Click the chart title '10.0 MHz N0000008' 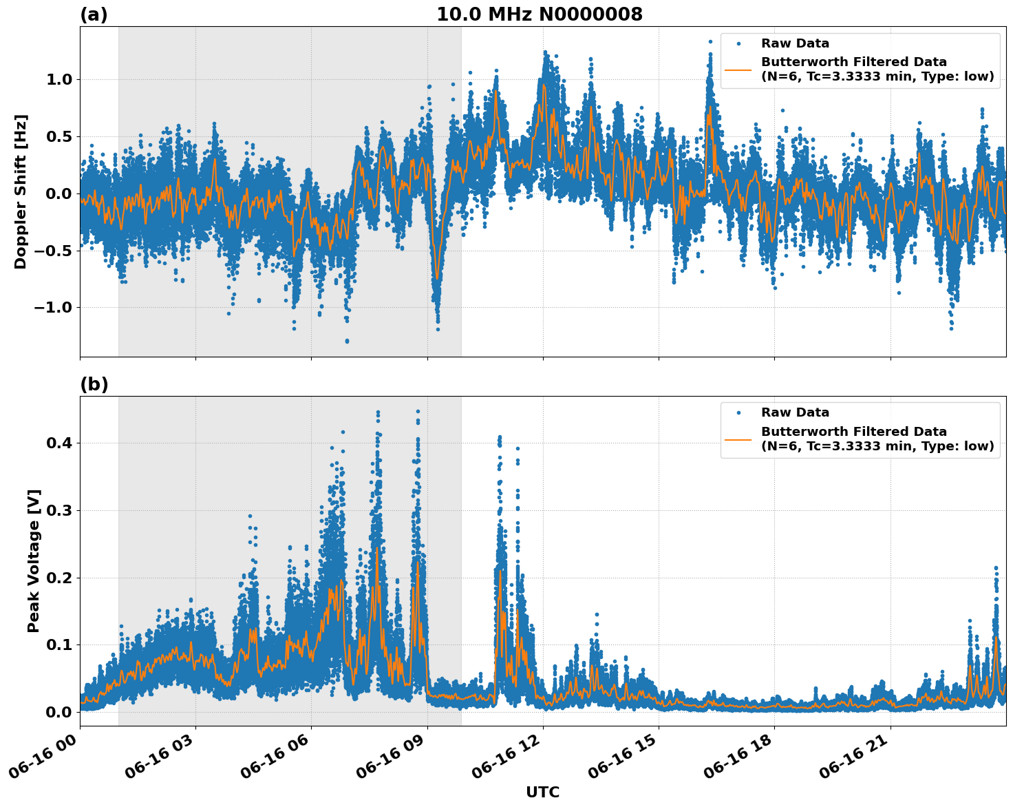[x=539, y=14]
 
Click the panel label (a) [x=94, y=14]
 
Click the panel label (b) [x=94, y=384]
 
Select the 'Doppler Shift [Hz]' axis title [x=21, y=191]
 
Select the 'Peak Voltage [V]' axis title [x=34, y=560]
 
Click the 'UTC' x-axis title [x=542, y=792]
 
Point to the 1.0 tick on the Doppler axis [x=59, y=79]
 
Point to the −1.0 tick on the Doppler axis [x=54, y=307]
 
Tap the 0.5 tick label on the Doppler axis [x=59, y=136]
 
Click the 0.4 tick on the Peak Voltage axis [x=59, y=443]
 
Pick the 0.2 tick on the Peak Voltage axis [x=59, y=578]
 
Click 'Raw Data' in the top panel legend [x=795, y=43]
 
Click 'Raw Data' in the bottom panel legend [x=795, y=412]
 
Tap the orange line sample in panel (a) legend [x=738, y=69]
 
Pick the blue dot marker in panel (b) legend [x=738, y=412]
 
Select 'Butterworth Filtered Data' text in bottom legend [x=853, y=432]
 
